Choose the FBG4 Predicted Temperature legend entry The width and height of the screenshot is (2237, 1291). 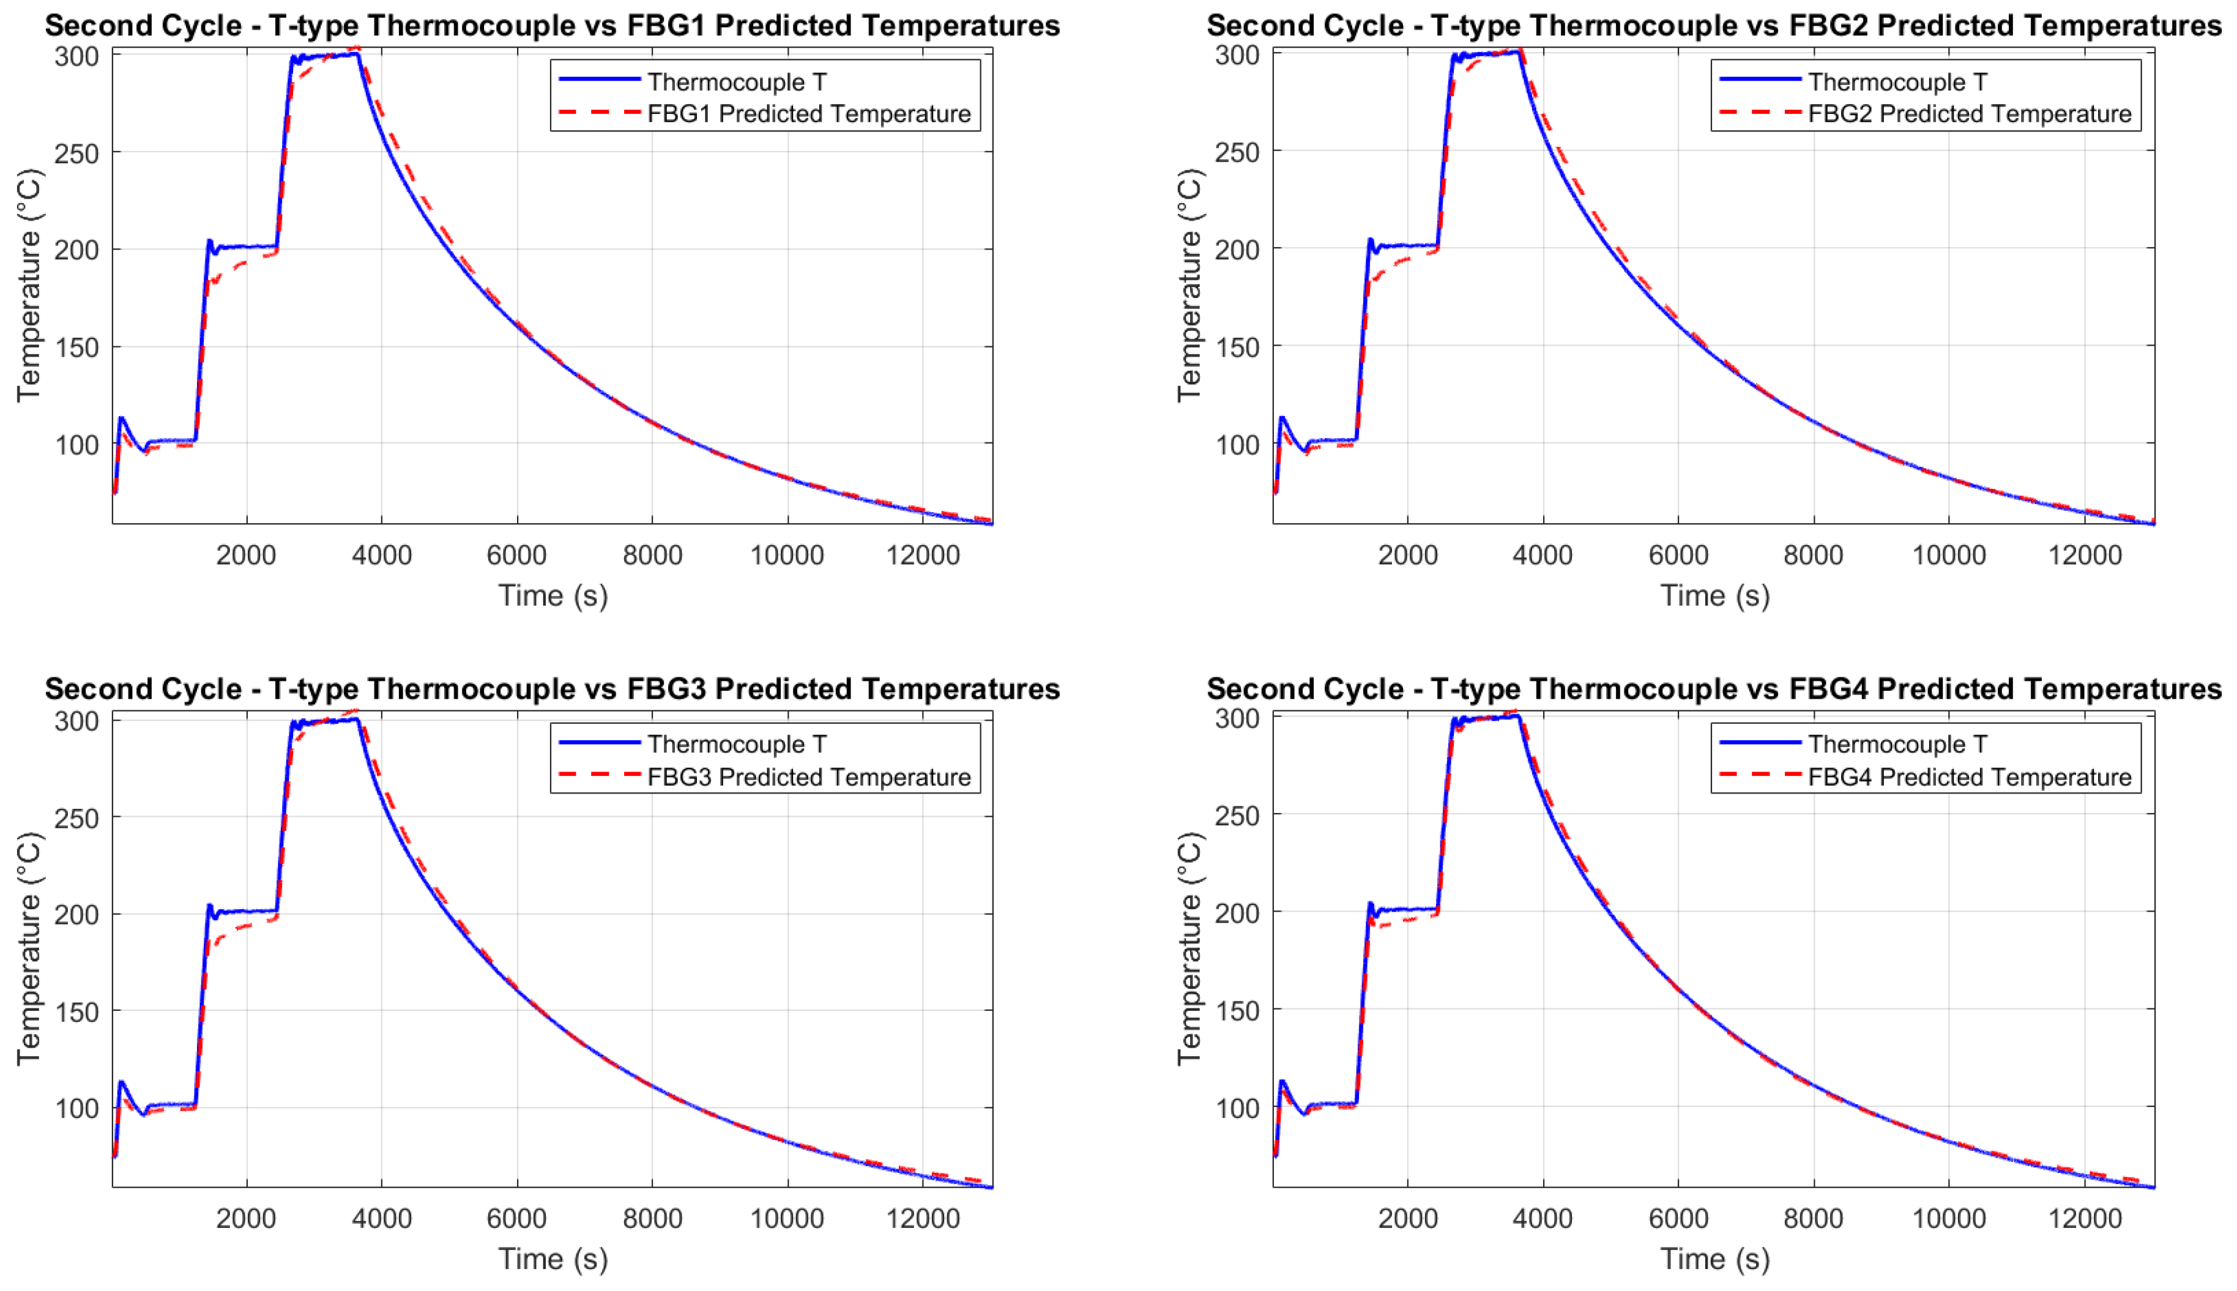[x=1968, y=776]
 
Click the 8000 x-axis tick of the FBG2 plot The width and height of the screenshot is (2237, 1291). [x=1812, y=555]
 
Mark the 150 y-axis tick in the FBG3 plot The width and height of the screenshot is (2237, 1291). [x=76, y=1011]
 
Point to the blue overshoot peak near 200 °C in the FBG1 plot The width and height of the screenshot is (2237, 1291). [x=209, y=240]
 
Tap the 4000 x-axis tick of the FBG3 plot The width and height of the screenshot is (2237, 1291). [x=381, y=1218]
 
